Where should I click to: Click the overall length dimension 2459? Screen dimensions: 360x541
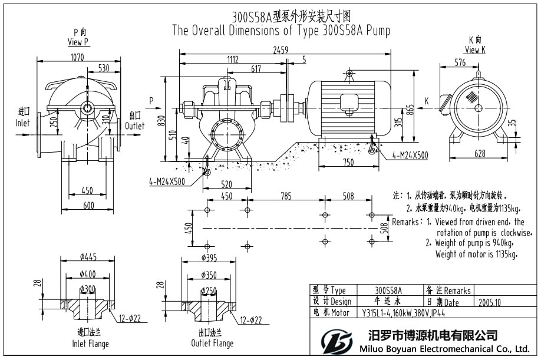click(280, 51)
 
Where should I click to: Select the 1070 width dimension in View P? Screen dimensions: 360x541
click(77, 57)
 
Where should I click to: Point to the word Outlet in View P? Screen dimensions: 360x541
click(134, 125)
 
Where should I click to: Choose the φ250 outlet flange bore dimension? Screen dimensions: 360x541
click(210, 290)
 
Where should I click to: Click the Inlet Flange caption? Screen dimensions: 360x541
click(90, 343)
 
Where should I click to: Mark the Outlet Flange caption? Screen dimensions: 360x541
click(212, 343)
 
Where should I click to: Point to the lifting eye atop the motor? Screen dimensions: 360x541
click(349, 73)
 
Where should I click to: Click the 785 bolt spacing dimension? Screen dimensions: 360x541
click(285, 196)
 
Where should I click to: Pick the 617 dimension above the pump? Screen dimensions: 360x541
click(255, 69)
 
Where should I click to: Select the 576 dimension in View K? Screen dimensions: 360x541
click(460, 62)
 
